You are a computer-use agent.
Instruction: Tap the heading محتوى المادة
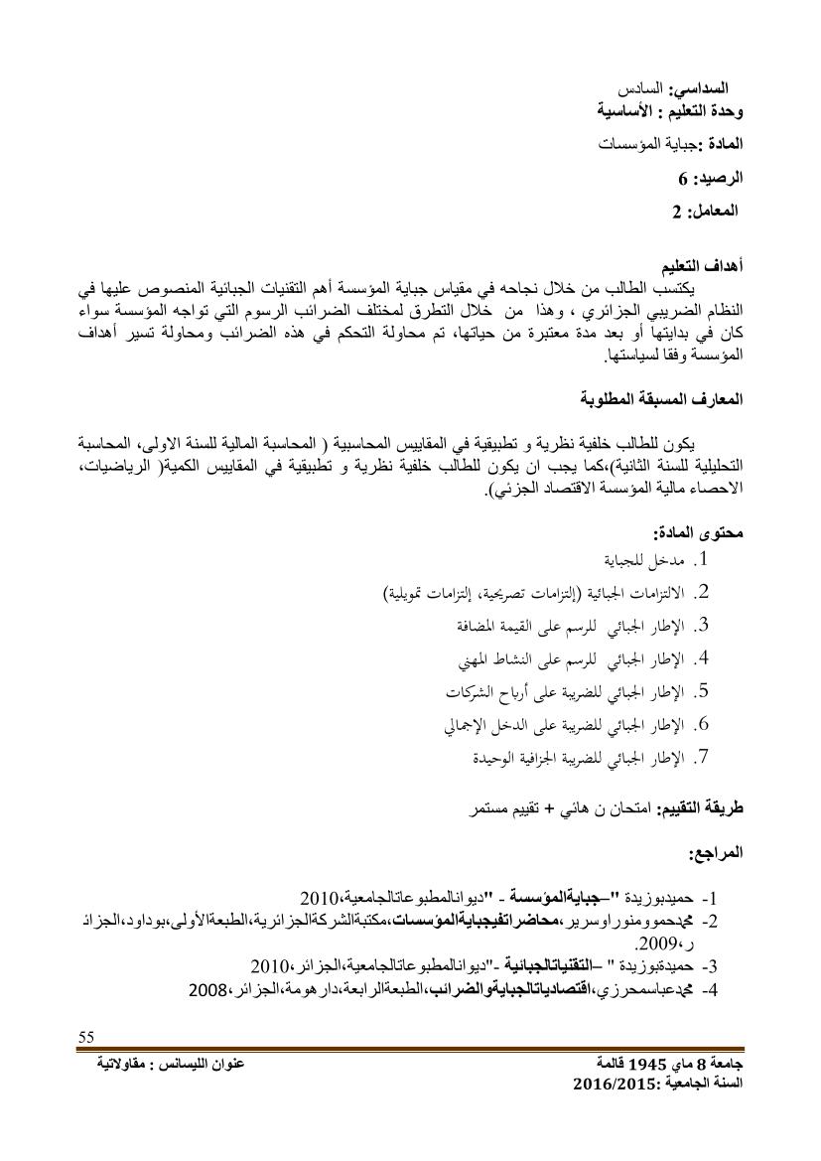701,531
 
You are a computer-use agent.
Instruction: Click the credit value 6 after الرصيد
682,180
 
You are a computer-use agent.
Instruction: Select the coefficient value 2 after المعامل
676,212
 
